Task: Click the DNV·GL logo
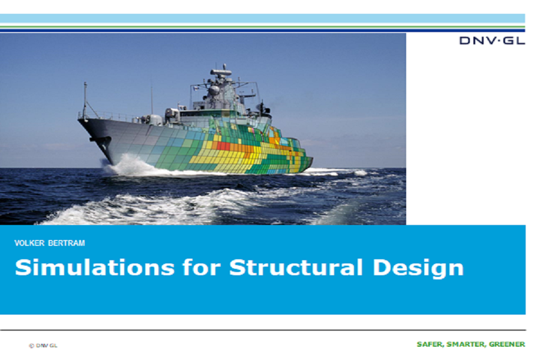tap(492, 41)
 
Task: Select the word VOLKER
tap(29, 243)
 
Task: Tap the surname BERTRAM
tap(67, 243)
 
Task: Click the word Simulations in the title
tap(95, 268)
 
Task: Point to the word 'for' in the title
tap(202, 268)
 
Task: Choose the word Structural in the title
tap(296, 268)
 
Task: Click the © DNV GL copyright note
tap(43, 346)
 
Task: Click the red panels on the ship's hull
tap(223, 146)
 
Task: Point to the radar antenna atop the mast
tap(221, 72)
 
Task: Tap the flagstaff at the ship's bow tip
tap(85, 100)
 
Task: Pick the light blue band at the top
tap(262, 18)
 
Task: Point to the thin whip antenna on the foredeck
tap(152, 100)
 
